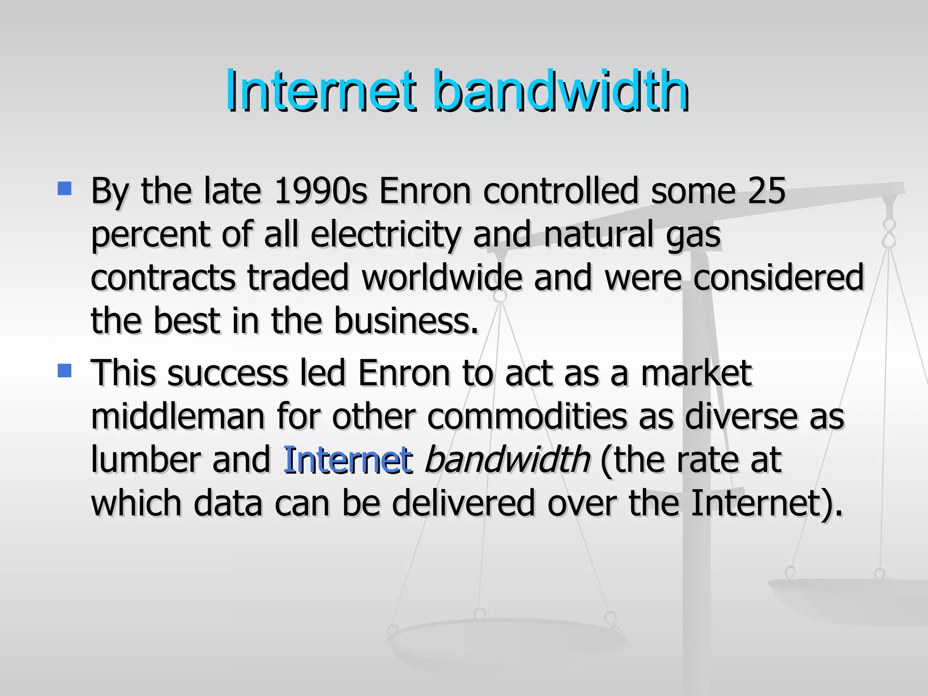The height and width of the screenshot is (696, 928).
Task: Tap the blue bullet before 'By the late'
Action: [x=65, y=188]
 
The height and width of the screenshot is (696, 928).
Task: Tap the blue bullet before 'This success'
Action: [x=65, y=371]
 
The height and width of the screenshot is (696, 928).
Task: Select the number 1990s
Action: [x=320, y=191]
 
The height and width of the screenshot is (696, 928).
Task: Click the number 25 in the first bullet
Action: [x=766, y=191]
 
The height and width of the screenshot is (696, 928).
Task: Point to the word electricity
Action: [x=386, y=235]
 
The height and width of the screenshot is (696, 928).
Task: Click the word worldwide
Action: [x=442, y=278]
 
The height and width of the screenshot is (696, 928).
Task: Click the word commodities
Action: [x=527, y=416]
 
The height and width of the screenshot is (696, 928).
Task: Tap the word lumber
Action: [x=145, y=460]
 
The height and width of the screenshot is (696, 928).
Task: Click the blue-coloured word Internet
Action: [x=348, y=460]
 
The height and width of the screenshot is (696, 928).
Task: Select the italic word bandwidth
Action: [x=507, y=460]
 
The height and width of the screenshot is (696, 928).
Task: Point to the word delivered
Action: [x=463, y=503]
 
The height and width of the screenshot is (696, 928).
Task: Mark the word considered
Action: [x=778, y=278]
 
